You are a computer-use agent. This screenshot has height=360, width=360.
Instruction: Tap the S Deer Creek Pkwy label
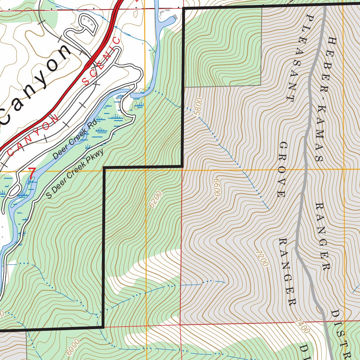point(75,174)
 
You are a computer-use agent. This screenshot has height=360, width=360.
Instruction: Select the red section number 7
point(32,173)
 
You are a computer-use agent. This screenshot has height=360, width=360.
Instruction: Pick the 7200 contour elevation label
point(262,258)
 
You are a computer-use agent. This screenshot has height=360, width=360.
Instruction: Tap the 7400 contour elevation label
point(303,326)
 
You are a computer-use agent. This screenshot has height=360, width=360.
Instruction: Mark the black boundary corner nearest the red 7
point(104,168)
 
